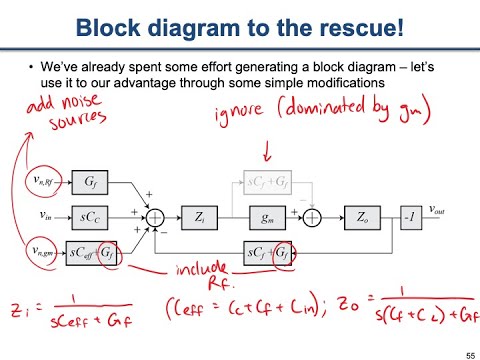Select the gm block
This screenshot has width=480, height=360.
[267, 215]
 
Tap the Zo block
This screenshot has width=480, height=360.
[357, 215]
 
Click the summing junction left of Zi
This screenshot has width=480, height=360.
[155, 215]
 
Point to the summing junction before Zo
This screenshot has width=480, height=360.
[312, 215]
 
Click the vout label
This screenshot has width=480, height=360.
[438, 209]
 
